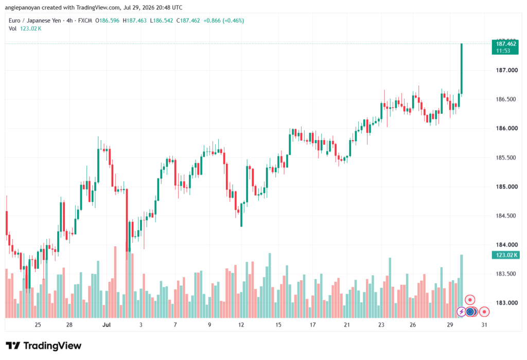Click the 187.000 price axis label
click(x=507, y=71)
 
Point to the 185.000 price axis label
click(x=507, y=187)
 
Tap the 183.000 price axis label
click(x=507, y=303)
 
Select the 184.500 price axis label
click(x=507, y=216)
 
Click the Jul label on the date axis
click(x=107, y=324)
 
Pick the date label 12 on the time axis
click(x=241, y=324)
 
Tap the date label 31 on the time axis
click(x=484, y=324)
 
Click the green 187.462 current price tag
click(x=505, y=47)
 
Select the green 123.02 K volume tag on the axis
click(x=505, y=255)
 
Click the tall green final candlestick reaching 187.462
click(x=462, y=68)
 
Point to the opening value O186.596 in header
click(x=107, y=21)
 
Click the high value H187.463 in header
click(x=134, y=21)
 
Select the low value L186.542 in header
click(x=161, y=21)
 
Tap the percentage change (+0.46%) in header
click(x=233, y=21)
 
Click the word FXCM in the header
click(x=85, y=21)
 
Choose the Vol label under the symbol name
click(x=12, y=29)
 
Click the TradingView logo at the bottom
click(x=43, y=346)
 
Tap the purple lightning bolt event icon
click(x=461, y=312)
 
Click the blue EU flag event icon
click(x=470, y=312)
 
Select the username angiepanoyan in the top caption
click(x=22, y=7)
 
